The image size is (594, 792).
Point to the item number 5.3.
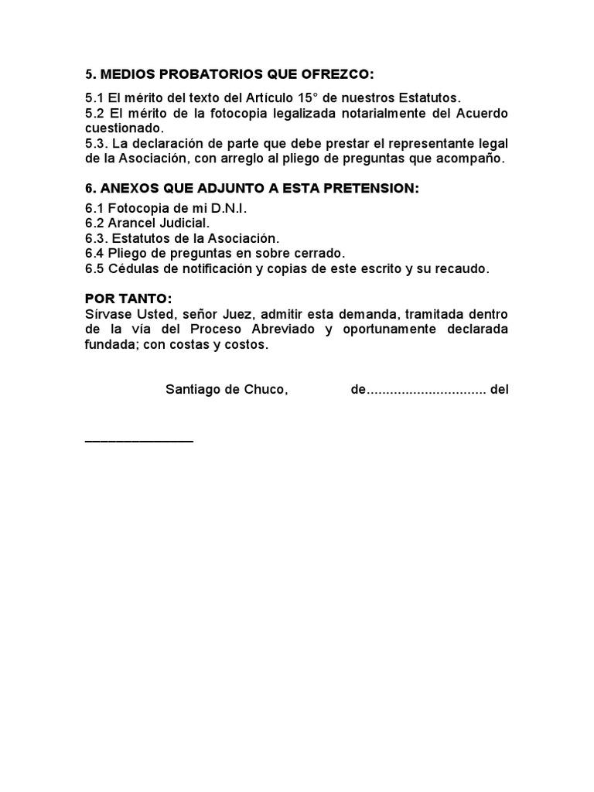click(x=96, y=144)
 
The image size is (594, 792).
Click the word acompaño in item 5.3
click(x=473, y=159)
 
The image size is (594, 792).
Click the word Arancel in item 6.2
click(x=131, y=224)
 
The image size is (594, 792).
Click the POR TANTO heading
click(x=128, y=299)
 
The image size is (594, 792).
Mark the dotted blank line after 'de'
click(x=425, y=391)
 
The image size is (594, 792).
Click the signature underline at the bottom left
click(x=139, y=441)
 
